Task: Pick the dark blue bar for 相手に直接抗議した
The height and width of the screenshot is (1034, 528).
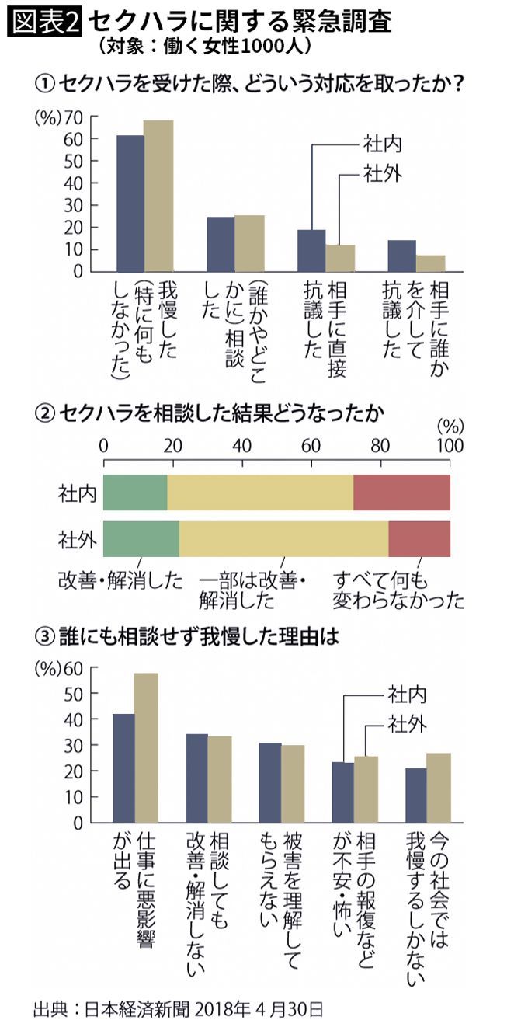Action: pos(311,250)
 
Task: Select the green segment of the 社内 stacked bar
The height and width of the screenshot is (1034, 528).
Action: pos(135,493)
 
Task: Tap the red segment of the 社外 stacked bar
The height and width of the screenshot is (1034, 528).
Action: pos(419,538)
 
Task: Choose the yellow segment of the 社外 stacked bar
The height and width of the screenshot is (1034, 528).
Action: pos(283,538)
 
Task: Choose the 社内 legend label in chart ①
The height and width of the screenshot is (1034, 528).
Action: pos(382,144)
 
